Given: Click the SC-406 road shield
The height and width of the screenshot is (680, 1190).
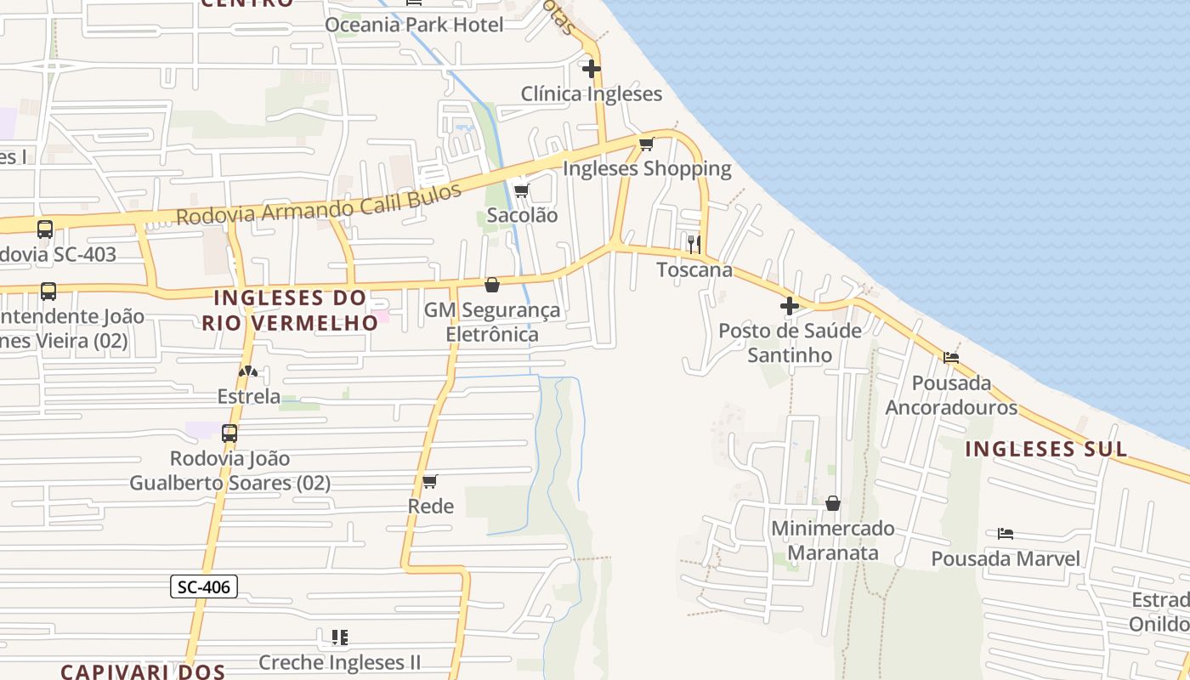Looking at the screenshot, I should pyautogui.click(x=204, y=586).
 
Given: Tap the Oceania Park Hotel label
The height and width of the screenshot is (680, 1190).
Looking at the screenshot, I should pyautogui.click(x=414, y=25).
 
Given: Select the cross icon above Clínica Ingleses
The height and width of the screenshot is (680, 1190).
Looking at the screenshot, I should pyautogui.click(x=592, y=68).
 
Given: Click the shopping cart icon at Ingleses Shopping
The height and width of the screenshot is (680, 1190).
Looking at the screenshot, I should pyautogui.click(x=647, y=143).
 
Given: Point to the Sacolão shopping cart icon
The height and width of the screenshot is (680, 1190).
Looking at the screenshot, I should pyautogui.click(x=522, y=190).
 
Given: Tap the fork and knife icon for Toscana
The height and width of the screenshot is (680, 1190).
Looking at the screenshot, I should pyautogui.click(x=694, y=245).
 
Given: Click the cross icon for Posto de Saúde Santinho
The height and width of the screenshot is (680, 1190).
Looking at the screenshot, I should pyautogui.click(x=790, y=306).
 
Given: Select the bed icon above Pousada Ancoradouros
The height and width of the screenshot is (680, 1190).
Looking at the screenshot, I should pyautogui.click(x=951, y=358).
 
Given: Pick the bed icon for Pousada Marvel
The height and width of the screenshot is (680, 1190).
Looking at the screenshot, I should pyautogui.click(x=1006, y=534).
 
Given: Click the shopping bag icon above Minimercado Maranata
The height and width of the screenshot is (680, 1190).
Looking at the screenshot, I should pyautogui.click(x=833, y=503).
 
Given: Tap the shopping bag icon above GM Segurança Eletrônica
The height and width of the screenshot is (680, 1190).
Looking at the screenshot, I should pyautogui.click(x=492, y=285).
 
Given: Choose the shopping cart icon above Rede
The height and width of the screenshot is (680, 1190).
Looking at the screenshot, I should pyautogui.click(x=430, y=482).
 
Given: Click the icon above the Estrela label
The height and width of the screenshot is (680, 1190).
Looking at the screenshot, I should pyautogui.click(x=247, y=371).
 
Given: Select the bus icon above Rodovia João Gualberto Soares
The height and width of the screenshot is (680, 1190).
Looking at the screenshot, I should pyautogui.click(x=229, y=433).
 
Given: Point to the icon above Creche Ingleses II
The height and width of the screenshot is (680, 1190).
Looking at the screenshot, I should pyautogui.click(x=340, y=637).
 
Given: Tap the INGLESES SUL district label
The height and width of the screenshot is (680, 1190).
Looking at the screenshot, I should pyautogui.click(x=1046, y=450).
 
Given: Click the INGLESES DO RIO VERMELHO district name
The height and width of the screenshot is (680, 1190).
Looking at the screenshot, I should pyautogui.click(x=290, y=310).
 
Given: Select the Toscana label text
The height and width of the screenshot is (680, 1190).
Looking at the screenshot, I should pyautogui.click(x=694, y=270).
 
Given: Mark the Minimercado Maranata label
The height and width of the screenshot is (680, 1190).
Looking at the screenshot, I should pyautogui.click(x=833, y=541).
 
